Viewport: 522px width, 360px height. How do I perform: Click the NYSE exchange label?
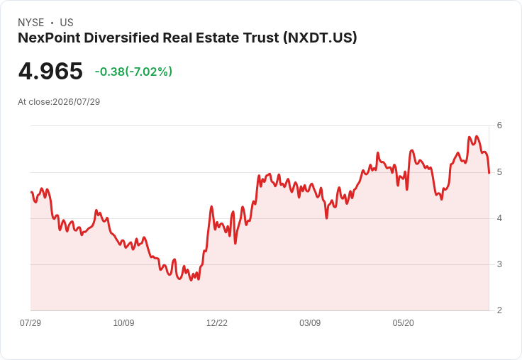point(31,23)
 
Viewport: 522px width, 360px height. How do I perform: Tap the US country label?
point(67,23)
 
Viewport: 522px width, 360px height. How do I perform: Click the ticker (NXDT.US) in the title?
point(320,38)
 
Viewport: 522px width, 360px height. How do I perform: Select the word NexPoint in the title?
point(49,38)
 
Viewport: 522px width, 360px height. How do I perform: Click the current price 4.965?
point(50,71)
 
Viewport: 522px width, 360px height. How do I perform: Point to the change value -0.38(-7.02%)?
point(133,72)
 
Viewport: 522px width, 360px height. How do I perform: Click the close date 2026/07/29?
point(76,102)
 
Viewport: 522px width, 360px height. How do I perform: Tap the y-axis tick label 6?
point(499,125)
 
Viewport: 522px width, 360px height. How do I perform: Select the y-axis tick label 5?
point(499,172)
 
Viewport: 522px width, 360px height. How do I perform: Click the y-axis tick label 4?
point(499,218)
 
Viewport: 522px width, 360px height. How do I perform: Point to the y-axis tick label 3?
point(499,264)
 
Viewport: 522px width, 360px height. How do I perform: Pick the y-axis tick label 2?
point(499,310)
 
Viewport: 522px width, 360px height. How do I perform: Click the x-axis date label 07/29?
point(30,322)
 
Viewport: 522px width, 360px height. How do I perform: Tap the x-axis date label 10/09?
point(123,322)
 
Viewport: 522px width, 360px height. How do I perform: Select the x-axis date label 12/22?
point(217,322)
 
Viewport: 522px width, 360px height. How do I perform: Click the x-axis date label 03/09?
point(310,322)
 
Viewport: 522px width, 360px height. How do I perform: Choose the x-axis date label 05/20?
point(403,322)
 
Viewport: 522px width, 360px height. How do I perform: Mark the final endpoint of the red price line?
point(489,173)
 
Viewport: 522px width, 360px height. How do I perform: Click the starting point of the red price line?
point(31,192)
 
